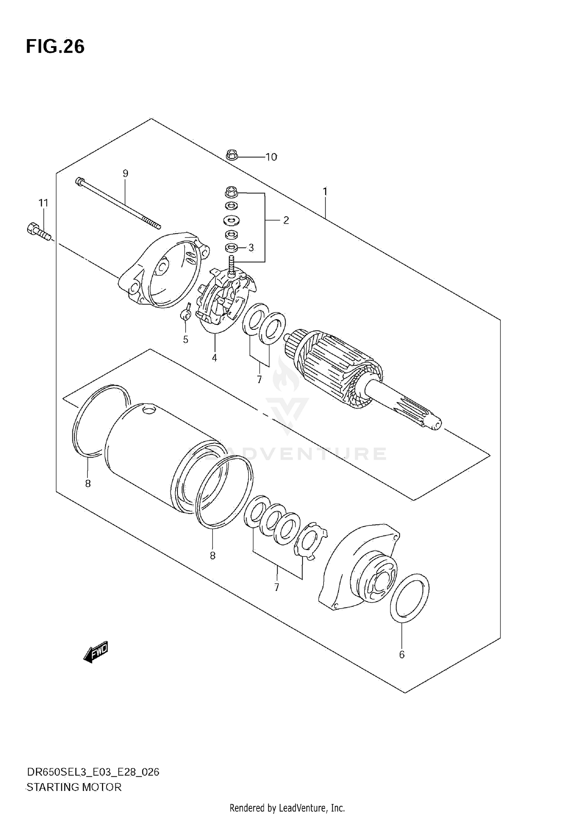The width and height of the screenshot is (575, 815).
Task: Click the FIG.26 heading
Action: (x=55, y=47)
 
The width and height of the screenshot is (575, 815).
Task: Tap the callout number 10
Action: (x=271, y=157)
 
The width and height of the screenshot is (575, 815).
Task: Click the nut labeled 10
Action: (x=232, y=155)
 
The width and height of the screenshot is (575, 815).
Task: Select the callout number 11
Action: (x=43, y=203)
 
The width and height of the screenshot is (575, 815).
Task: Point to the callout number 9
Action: (x=125, y=173)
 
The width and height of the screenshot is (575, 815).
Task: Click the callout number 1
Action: (x=325, y=191)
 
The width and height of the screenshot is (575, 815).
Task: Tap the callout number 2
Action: (x=286, y=220)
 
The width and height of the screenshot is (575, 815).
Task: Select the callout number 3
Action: (x=251, y=248)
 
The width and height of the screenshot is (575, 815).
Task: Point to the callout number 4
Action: (x=214, y=358)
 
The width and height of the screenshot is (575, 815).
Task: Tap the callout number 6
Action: (x=402, y=655)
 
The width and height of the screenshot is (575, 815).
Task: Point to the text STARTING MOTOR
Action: (x=74, y=787)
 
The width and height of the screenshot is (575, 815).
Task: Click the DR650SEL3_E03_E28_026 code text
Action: (x=92, y=772)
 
